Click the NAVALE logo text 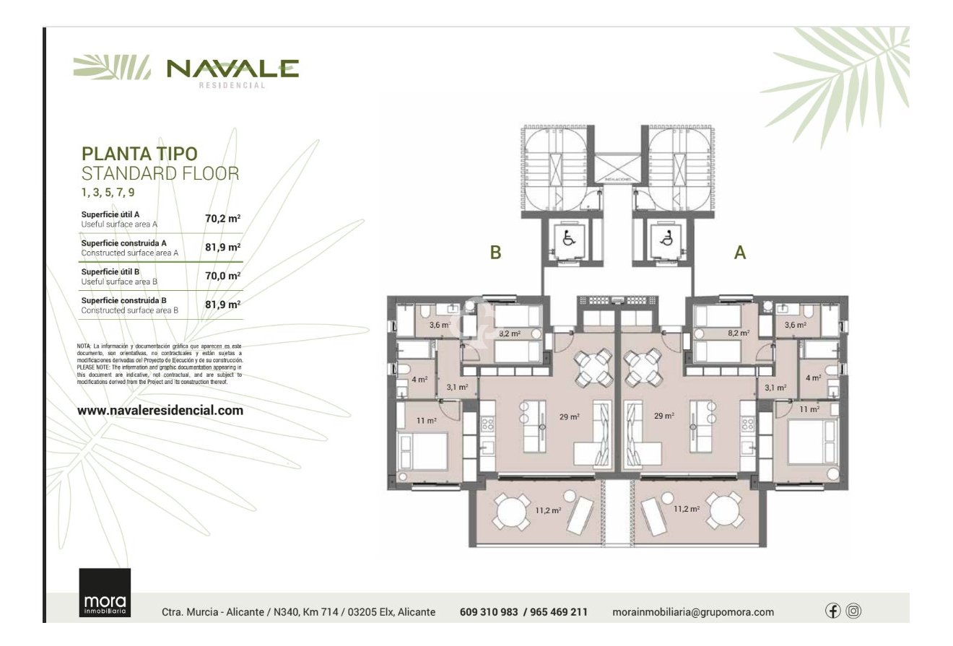(x=232, y=69)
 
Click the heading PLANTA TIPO (x=139, y=154)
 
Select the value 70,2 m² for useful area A (x=222, y=219)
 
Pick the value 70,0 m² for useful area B (x=222, y=276)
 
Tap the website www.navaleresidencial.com (x=160, y=410)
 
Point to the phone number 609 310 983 (x=489, y=612)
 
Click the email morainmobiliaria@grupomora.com (x=692, y=612)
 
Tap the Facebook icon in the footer (x=832, y=611)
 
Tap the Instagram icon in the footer (x=853, y=611)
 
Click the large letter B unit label (x=495, y=253)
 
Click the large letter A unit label (x=740, y=253)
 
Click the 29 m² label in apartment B (x=570, y=416)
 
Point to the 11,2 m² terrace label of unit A (x=687, y=509)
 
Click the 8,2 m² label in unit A (x=738, y=333)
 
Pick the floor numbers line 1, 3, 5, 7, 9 (x=108, y=192)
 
